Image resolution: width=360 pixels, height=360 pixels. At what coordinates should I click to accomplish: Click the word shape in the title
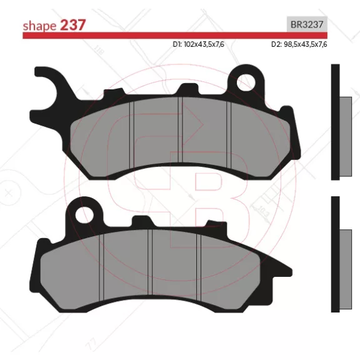tap(39, 26)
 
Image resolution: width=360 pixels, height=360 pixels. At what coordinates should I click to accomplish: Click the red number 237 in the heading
tap(72, 25)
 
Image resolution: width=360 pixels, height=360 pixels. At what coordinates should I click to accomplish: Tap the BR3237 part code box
tap(307, 24)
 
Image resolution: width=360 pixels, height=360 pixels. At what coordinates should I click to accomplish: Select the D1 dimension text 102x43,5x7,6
tap(198, 44)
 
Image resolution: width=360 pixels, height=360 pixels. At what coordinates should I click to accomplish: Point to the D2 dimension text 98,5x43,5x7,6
tap(299, 44)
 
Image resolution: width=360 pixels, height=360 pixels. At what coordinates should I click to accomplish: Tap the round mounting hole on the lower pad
tap(85, 215)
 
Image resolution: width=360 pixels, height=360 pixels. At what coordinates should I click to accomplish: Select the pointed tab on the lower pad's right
tap(277, 266)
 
